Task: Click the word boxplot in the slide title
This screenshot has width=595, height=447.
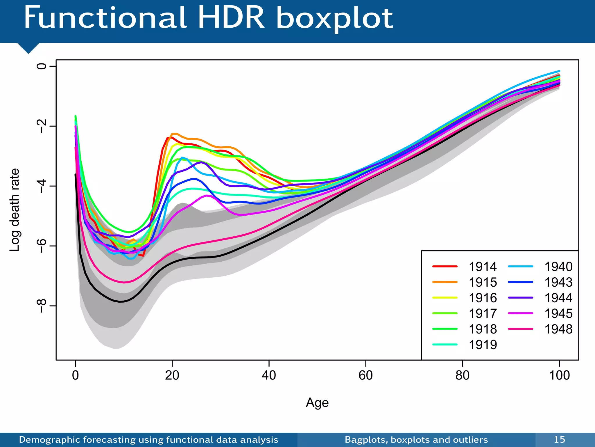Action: (x=334, y=18)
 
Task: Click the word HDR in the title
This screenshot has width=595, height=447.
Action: (x=231, y=18)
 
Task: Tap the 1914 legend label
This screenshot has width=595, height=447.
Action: (x=483, y=267)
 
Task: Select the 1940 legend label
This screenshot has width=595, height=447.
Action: (x=558, y=267)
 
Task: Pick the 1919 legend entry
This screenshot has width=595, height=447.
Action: (x=483, y=345)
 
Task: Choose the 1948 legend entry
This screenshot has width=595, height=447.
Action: (x=558, y=329)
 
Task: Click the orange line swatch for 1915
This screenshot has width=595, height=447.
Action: (x=445, y=282)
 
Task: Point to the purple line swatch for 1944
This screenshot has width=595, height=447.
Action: (x=521, y=298)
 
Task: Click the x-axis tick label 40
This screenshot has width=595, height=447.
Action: (x=269, y=375)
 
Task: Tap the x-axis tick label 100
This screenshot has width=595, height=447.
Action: (x=559, y=375)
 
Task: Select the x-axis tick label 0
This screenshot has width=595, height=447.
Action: (x=76, y=375)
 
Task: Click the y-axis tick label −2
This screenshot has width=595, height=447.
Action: (x=42, y=126)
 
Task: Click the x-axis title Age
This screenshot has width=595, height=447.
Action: (x=317, y=403)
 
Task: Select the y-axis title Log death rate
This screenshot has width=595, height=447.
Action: (x=15, y=210)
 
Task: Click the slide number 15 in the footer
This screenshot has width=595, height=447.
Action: (x=559, y=439)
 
